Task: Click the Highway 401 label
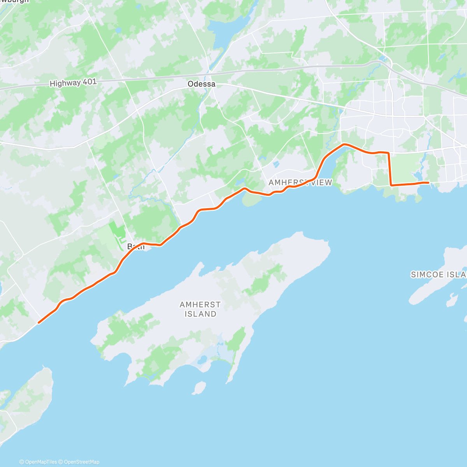(73, 83)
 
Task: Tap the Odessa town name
(201, 84)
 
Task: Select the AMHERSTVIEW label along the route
(300, 183)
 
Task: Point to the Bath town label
(136, 246)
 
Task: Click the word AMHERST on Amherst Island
(200, 305)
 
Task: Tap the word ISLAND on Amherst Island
(200, 314)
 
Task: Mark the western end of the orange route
(39, 322)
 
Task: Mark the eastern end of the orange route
(428, 183)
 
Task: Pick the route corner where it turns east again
(391, 185)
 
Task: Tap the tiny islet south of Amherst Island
(199, 388)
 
